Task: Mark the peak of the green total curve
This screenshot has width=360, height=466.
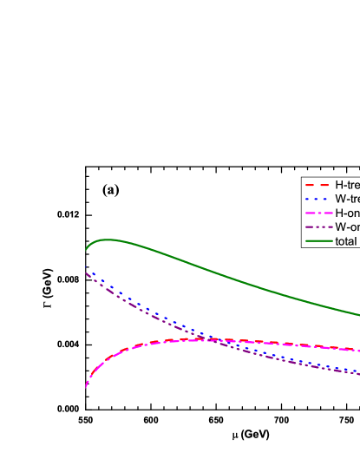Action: (x=106, y=240)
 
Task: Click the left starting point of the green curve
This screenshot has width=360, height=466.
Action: (x=86, y=251)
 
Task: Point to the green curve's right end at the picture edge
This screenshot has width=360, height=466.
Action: (x=358, y=315)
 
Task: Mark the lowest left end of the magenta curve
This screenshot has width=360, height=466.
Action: (x=86, y=387)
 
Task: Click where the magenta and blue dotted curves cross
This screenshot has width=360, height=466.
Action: (x=206, y=338)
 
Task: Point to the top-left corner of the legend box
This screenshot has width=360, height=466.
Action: (x=302, y=178)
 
